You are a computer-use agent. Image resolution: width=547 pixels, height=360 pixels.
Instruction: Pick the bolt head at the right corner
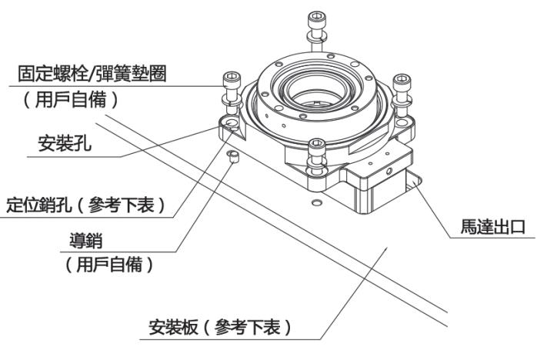click(402, 81)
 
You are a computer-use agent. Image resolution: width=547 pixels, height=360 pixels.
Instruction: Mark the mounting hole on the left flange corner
click(229, 122)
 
